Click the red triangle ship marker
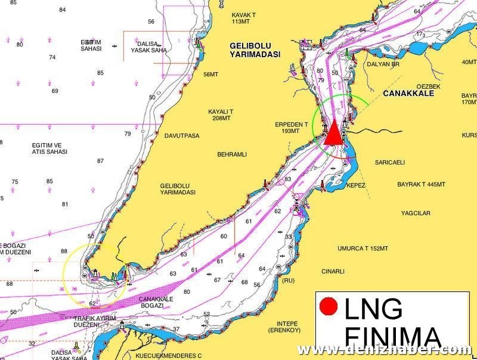334,133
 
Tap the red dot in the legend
329,308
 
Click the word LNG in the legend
373,309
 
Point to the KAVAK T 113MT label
243,18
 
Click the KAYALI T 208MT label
221,115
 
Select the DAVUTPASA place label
181,136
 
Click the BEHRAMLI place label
231,154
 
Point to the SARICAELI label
390,162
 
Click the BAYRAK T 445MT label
421,185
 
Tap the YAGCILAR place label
416,213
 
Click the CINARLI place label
333,271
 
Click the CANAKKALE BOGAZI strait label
156,302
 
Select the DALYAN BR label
383,64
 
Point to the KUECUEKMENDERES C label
169,355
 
